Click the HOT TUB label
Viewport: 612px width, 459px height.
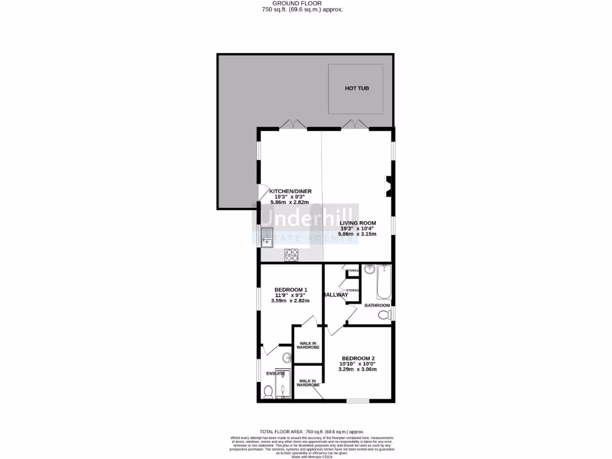(x=357, y=88)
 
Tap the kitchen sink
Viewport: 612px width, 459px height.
(x=267, y=237)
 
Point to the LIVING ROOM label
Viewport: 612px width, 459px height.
(x=358, y=223)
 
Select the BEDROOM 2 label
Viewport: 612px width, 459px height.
(x=358, y=359)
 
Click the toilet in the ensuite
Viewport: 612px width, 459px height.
(x=268, y=391)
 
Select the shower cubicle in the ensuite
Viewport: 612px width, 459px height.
(x=284, y=385)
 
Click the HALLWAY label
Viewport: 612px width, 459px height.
(x=335, y=295)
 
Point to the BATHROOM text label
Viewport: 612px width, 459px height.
(x=377, y=305)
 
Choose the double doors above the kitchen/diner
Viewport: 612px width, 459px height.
(x=293, y=125)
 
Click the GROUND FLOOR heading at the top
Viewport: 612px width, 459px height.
(x=305, y=3)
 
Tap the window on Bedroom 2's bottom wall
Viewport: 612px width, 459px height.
(x=358, y=401)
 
